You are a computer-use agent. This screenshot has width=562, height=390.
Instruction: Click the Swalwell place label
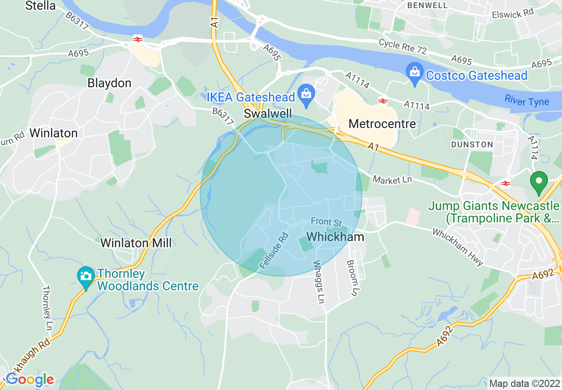click(x=268, y=114)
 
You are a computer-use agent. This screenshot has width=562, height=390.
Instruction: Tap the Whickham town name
click(x=336, y=237)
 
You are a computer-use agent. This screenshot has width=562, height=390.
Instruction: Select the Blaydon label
click(x=109, y=83)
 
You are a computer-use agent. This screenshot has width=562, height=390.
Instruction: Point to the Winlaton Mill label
click(x=136, y=243)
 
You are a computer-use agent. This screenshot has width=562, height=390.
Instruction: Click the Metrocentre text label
click(x=382, y=124)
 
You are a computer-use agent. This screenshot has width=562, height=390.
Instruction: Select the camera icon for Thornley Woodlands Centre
click(x=86, y=275)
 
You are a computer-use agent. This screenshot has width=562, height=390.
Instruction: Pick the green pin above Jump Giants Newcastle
click(x=539, y=182)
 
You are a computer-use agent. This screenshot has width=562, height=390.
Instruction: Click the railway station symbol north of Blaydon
click(x=137, y=39)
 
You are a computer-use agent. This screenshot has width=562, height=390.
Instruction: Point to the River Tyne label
click(x=527, y=101)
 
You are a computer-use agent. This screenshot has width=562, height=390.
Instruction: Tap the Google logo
click(x=30, y=379)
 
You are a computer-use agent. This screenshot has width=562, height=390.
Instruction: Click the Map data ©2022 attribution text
click(x=524, y=383)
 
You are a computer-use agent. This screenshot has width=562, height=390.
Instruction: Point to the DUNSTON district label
click(x=472, y=144)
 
